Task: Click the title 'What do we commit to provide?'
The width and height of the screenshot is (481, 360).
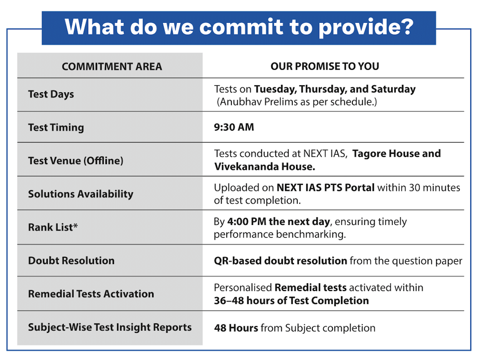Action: coord(239,27)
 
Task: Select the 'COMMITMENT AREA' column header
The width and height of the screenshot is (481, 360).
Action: coord(112,67)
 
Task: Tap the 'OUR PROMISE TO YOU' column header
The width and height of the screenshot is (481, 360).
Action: coord(325,67)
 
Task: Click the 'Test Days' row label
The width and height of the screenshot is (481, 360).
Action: coord(51,94)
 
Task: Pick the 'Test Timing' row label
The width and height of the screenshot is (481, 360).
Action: coord(56,127)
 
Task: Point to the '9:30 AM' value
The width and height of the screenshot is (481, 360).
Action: coord(234,127)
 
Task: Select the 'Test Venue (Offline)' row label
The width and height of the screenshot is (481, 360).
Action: coord(76,160)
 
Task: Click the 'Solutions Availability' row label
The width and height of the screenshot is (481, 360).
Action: coord(80,194)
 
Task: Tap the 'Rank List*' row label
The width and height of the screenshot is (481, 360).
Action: coord(53,227)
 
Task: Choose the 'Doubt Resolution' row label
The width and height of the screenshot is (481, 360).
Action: coord(71,260)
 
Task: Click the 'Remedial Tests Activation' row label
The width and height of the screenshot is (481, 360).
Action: coord(91,294)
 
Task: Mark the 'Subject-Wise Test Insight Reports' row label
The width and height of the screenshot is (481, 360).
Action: coord(110,327)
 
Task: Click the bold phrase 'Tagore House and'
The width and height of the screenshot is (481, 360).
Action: coord(396,154)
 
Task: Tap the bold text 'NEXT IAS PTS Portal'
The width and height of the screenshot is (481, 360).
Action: coord(325,188)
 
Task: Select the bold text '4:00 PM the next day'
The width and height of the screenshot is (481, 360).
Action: coord(278,222)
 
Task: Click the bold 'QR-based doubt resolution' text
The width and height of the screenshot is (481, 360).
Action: coord(281,260)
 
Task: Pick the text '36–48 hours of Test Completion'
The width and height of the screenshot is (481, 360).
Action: coord(291,301)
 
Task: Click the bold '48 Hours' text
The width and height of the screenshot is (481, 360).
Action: coord(236,328)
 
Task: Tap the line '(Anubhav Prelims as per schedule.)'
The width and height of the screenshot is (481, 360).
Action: coord(296,102)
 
